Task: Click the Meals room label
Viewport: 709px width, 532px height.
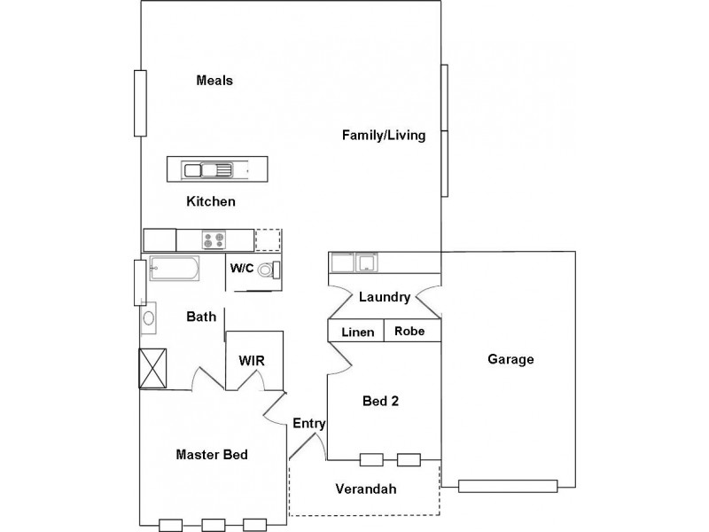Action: click(x=214, y=81)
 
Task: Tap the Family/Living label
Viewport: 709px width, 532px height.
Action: click(x=385, y=136)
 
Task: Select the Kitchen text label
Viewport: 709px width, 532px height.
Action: click(x=211, y=201)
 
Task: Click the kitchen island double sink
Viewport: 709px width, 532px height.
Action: click(x=206, y=168)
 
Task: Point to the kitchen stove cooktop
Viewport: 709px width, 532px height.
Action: click(x=214, y=239)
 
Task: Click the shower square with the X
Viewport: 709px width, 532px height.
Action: click(x=152, y=368)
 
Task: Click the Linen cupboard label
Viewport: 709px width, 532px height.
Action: click(x=356, y=332)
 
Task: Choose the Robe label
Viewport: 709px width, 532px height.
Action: click(x=409, y=332)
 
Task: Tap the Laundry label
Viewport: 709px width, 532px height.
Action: click(x=384, y=297)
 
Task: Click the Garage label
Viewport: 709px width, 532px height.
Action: click(x=510, y=359)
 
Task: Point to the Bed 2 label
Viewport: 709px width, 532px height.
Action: click(x=381, y=401)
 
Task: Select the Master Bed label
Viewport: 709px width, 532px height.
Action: click(x=211, y=455)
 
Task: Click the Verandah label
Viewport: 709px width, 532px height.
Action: click(x=365, y=489)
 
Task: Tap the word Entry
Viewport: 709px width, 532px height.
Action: click(x=309, y=424)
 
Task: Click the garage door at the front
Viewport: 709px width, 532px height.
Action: click(x=508, y=485)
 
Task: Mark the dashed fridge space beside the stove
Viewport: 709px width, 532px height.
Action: click(x=269, y=239)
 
